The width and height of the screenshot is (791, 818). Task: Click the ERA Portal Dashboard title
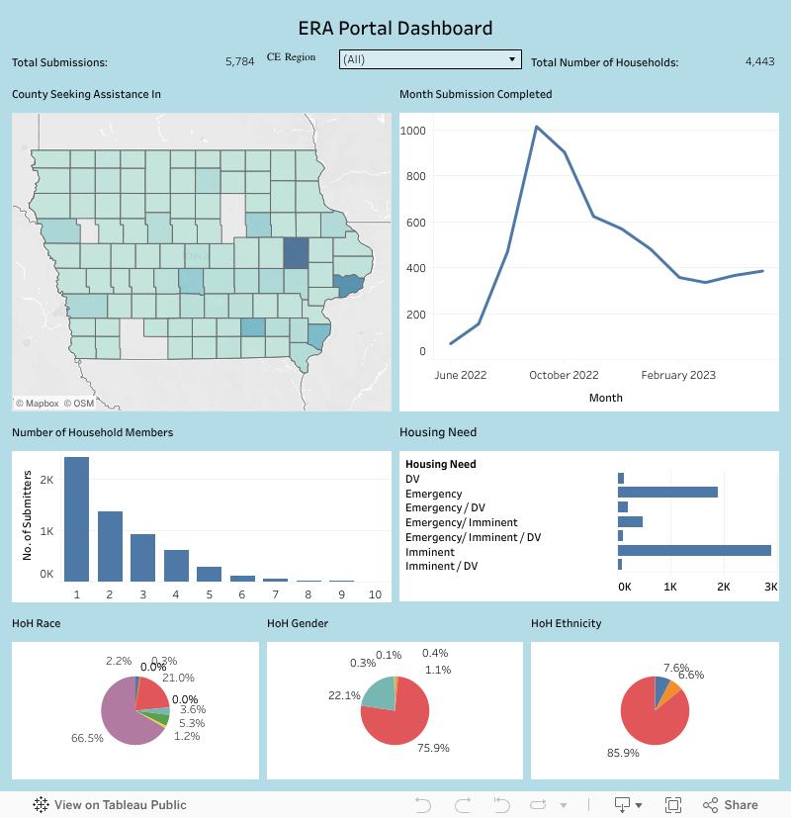(395, 28)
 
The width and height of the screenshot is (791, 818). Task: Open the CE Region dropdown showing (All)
(429, 59)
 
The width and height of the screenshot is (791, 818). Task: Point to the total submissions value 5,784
(239, 61)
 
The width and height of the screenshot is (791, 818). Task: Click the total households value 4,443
(759, 61)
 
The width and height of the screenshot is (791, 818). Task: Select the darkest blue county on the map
(296, 253)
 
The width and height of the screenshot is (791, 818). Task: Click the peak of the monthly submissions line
(536, 127)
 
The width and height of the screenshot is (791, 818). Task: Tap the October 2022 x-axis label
(564, 375)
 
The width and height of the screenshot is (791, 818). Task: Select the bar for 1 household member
(76, 519)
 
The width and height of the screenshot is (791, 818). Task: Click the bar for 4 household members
(176, 565)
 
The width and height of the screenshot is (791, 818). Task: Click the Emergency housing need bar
(667, 493)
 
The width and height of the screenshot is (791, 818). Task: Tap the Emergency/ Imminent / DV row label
(473, 537)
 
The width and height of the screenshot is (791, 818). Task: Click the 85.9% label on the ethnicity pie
(623, 753)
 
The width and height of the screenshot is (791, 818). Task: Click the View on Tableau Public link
(110, 805)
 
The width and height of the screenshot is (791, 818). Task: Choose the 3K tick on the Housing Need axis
(770, 587)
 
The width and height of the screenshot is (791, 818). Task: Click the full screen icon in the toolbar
(673, 805)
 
